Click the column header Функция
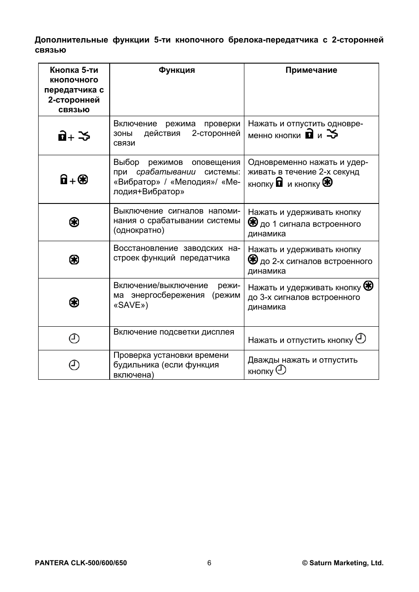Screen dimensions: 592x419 [x=177, y=70]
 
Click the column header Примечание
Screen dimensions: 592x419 [x=311, y=70]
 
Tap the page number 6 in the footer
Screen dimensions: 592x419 [x=209, y=563]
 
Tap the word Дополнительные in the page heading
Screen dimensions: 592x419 [x=71, y=40]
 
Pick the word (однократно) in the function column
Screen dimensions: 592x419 [x=139, y=230]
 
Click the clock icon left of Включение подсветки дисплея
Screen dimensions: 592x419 [x=75, y=339]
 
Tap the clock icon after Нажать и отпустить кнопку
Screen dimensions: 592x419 [x=361, y=339]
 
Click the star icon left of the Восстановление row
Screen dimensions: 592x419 [x=74, y=260]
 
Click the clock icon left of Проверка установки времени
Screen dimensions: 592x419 [x=75, y=365]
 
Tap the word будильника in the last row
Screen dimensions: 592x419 [x=136, y=365]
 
